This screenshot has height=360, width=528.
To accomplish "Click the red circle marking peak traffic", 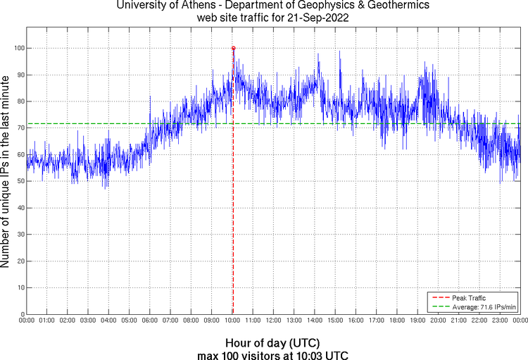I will (233, 48).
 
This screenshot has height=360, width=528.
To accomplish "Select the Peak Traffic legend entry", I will (468, 298).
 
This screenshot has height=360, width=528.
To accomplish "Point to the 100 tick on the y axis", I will (19, 48).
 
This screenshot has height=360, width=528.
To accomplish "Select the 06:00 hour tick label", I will (150, 321).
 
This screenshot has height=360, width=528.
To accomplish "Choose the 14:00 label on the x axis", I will (314, 321).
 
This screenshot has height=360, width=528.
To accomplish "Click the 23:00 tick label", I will (499, 321).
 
